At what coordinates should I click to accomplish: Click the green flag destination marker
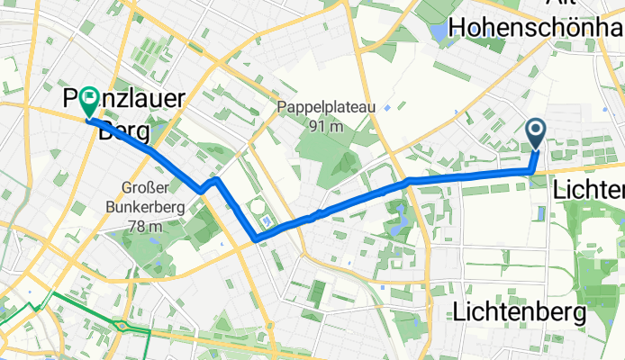88,101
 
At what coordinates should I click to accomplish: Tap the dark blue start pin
535,135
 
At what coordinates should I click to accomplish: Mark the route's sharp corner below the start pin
530,169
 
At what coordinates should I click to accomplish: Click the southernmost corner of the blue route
258,238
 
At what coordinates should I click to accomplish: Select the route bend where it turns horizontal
410,181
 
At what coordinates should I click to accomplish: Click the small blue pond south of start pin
540,212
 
